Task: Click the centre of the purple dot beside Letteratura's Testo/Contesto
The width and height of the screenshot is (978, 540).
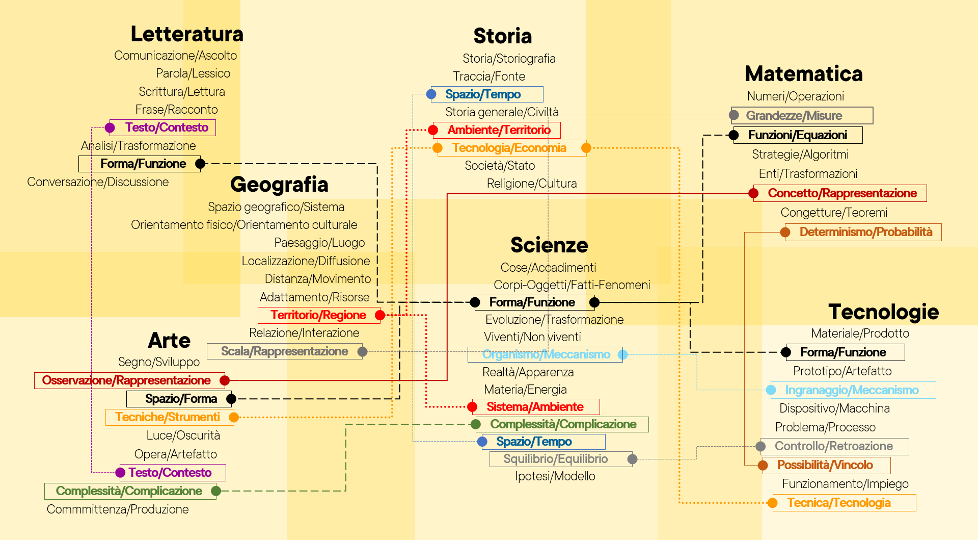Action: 110,127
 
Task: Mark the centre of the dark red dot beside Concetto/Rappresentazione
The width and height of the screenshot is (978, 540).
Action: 753,193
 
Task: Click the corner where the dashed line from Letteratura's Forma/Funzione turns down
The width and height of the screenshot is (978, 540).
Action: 377,164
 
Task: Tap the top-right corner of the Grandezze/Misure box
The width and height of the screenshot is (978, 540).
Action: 873,107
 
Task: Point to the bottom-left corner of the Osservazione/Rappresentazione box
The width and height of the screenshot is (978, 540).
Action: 35,389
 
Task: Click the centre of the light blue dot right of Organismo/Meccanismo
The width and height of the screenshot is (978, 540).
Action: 622,354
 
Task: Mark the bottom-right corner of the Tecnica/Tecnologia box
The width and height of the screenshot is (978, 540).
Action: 916,511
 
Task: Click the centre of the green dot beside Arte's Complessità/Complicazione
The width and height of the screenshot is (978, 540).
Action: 216,491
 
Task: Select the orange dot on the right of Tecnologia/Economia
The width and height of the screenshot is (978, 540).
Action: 586,148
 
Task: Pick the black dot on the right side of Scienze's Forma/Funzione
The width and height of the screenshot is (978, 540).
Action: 594,302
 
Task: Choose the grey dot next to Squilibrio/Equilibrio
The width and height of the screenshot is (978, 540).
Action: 632,459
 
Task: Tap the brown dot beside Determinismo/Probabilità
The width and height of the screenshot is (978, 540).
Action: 785,233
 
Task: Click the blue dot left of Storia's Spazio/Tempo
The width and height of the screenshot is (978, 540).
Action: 431,94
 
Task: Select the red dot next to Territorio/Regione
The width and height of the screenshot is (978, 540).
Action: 380,315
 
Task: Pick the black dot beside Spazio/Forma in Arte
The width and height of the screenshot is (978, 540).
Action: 231,399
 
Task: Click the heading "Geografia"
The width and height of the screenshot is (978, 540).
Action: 279,185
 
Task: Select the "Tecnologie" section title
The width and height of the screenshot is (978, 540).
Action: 884,312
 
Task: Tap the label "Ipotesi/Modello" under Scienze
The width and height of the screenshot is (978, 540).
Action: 555,476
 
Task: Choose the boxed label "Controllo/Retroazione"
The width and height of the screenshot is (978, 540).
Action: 834,446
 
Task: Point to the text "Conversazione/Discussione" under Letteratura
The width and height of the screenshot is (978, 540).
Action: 98,182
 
